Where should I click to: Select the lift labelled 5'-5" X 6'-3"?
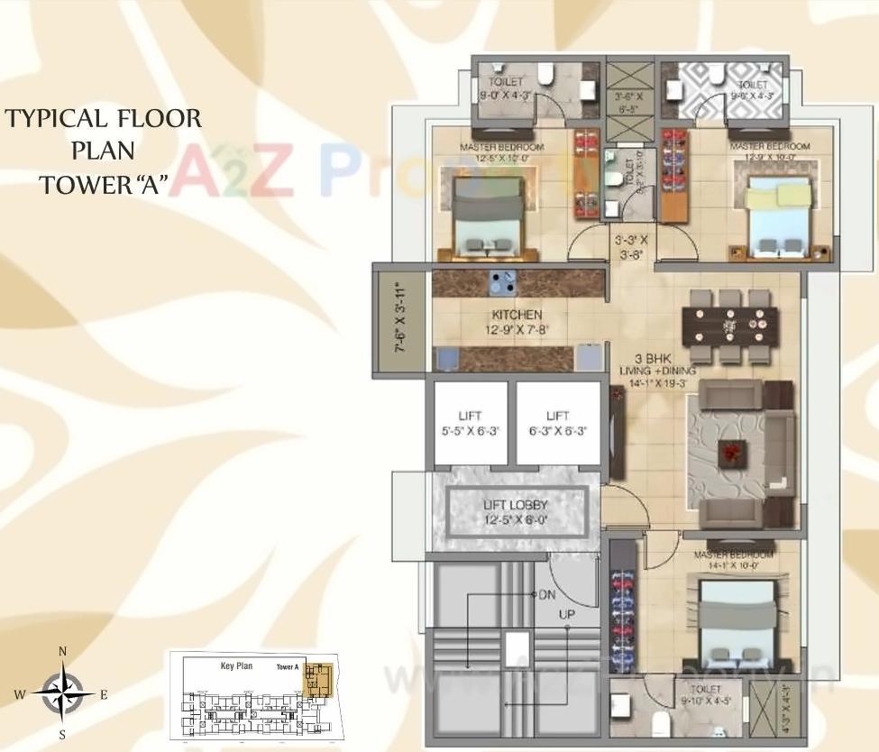coord(470,423)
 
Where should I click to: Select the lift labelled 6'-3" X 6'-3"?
coord(558,423)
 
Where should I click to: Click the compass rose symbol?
coord(62,692)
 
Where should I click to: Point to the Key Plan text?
coord(236,666)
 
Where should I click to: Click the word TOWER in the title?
coord(84,186)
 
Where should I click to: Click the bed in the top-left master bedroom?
coord(484,215)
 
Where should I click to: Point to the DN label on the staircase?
coord(546,595)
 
